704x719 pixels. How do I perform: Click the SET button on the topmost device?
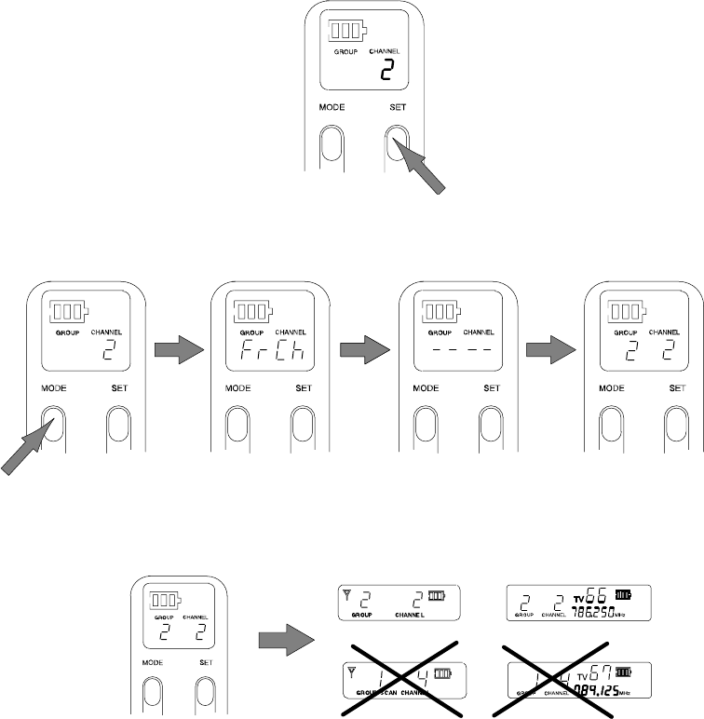click(x=399, y=144)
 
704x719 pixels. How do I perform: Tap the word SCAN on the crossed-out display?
click(x=384, y=694)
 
